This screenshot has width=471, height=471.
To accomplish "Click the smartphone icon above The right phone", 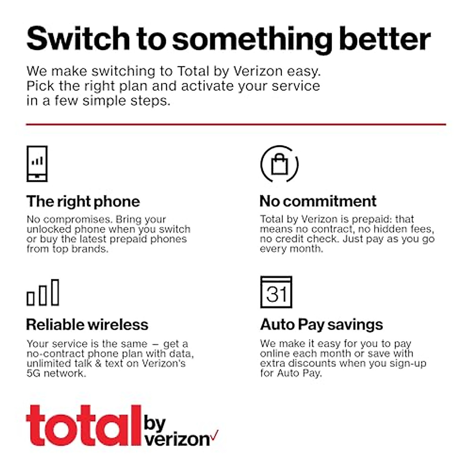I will point(37,164).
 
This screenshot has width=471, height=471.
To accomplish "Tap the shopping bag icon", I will point(279,164).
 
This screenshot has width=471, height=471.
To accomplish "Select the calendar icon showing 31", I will point(276,292).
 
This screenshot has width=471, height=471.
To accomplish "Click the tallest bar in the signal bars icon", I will point(55,292).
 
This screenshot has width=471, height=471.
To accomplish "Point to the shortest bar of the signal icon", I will point(31,299).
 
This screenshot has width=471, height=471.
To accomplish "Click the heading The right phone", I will point(83,201).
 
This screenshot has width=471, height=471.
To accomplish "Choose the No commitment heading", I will point(318,201).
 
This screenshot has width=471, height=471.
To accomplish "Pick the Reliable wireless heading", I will point(87,325).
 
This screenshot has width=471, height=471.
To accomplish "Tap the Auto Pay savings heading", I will point(321,325).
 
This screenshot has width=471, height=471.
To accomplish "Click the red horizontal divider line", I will point(235,124).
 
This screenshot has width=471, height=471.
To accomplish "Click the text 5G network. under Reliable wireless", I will point(56,373).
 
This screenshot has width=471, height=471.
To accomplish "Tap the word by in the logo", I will point(155,423).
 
